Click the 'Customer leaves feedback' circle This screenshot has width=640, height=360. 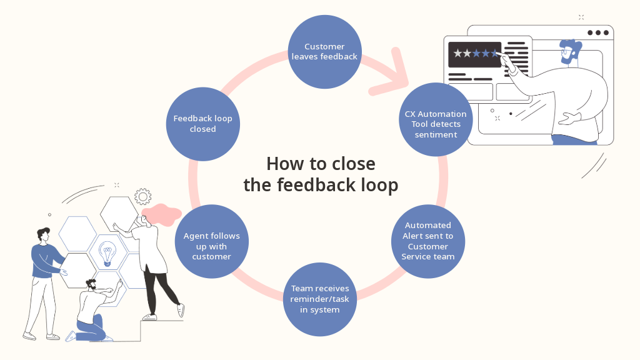324,52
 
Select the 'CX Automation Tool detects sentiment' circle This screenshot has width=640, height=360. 436,119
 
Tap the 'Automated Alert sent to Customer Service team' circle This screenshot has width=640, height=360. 427,241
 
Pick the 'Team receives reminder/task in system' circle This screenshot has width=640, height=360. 320,299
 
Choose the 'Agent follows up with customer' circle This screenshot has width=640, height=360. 211,241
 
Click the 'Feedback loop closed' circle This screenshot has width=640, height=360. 203,124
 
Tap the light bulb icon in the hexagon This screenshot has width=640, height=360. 107,254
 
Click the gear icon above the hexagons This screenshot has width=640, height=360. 143,197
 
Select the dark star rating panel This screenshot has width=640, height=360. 475,55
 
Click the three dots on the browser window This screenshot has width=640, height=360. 598,32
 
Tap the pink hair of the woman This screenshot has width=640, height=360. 162,214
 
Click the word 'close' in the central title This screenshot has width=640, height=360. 354,164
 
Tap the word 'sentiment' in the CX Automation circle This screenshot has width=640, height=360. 436,135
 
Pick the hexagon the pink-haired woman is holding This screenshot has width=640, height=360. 119,214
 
